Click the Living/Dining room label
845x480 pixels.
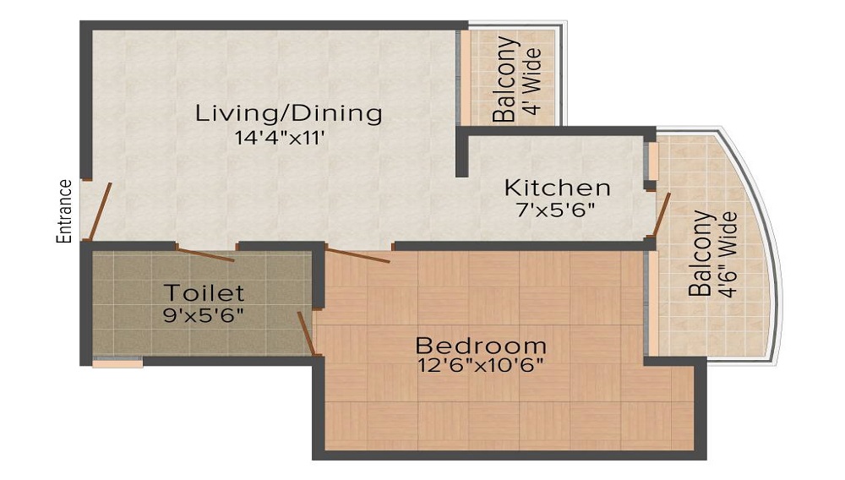[x=289, y=112]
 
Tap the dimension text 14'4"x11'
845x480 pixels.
[x=281, y=137]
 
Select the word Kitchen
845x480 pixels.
[x=557, y=187]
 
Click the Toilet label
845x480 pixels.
[x=204, y=293]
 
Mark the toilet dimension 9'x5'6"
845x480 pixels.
[x=204, y=315]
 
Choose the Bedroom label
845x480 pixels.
[x=481, y=346]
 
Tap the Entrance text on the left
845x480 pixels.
[x=63, y=211]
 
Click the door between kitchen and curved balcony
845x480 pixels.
[x=663, y=215]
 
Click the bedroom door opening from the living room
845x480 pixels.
[x=357, y=255]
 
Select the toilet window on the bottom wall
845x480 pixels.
[x=117, y=363]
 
